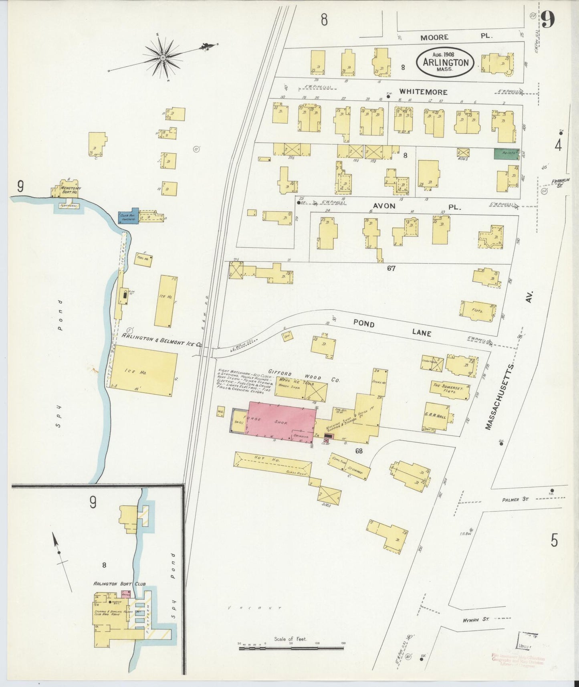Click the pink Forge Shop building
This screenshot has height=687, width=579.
pos(280,423)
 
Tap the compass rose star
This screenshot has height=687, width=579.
pos(163,58)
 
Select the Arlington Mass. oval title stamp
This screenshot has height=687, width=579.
pos(445,63)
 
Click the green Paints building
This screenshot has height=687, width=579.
pos(506,153)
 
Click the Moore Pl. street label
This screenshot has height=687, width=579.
pos(455,36)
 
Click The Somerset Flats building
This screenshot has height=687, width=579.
pos(450,390)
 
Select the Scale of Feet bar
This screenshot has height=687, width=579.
pos(291,647)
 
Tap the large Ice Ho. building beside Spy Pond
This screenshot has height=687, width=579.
pos(143,371)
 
